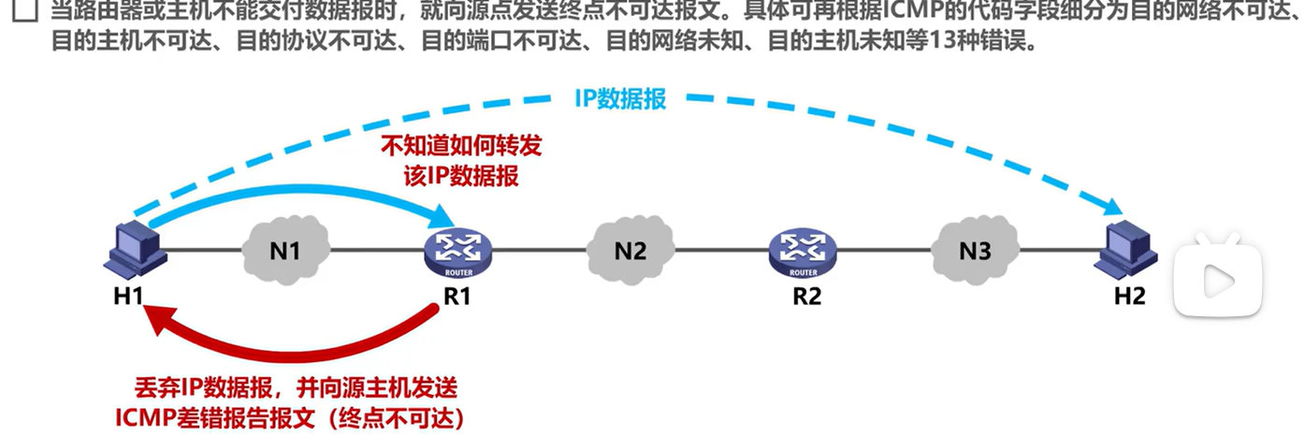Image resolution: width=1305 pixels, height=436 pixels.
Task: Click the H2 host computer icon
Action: click(1126, 247)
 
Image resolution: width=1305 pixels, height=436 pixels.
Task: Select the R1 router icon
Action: click(458, 250)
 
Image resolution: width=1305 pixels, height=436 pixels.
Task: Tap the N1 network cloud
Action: click(285, 250)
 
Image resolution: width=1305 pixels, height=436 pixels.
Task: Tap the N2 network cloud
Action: click(631, 250)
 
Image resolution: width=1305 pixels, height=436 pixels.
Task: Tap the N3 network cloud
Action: click(975, 250)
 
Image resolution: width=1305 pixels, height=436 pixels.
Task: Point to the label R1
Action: click(458, 298)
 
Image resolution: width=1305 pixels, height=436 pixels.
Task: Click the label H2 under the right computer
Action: click(1129, 297)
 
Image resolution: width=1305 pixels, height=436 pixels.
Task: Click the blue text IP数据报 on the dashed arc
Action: click(620, 98)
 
